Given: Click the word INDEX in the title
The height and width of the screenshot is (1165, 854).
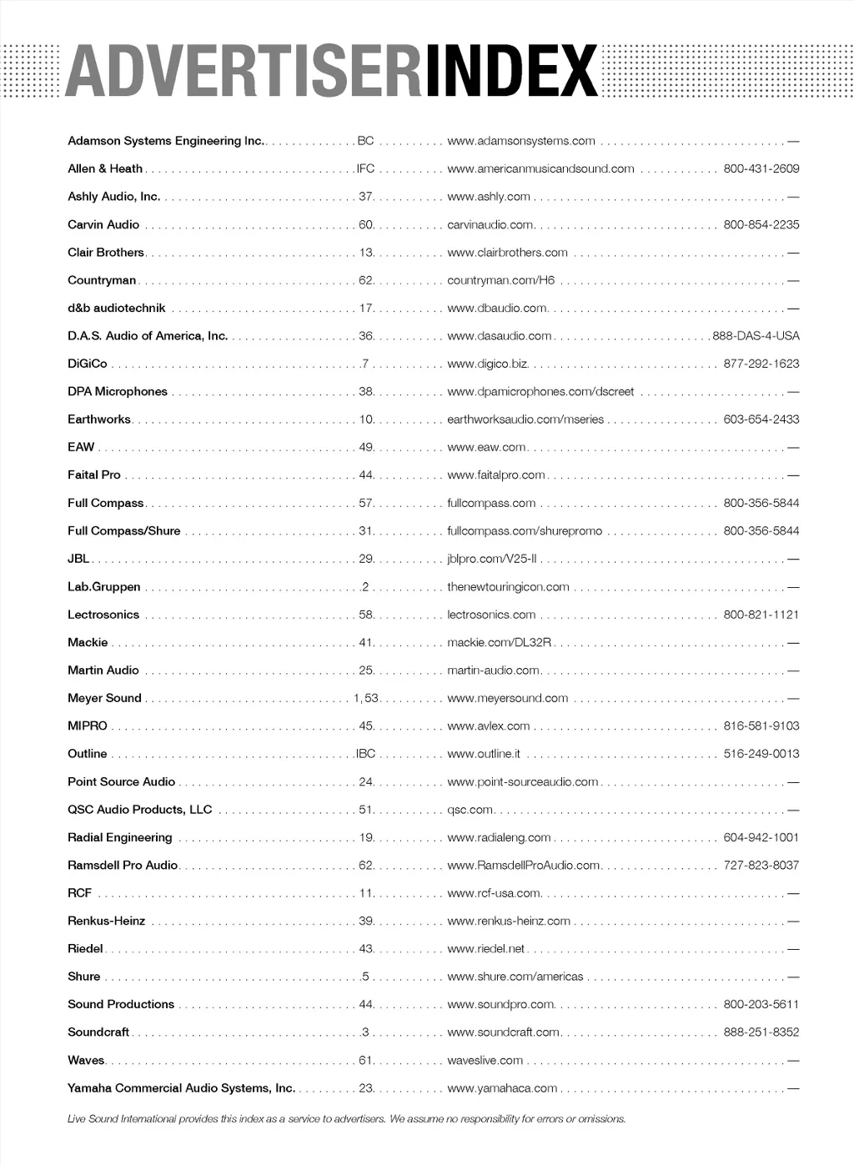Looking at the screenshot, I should click(x=511, y=72).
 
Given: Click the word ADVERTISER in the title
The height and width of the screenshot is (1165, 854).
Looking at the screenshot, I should click(x=244, y=72).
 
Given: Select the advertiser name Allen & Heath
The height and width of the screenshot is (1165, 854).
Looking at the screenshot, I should click(x=105, y=168).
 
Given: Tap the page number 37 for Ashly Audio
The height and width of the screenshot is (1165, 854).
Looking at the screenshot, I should click(x=365, y=197).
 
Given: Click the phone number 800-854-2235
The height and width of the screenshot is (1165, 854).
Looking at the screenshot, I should click(x=761, y=224).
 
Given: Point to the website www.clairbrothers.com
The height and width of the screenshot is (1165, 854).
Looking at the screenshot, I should click(x=507, y=253).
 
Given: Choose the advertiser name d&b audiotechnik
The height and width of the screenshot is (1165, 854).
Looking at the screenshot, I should click(x=117, y=309).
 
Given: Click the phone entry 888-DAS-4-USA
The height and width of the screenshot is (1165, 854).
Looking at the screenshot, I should click(x=756, y=336).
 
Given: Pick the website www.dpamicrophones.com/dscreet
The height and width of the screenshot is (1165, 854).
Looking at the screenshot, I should click(x=540, y=392).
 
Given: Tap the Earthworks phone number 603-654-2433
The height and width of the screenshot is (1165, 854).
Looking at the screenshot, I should click(x=761, y=419).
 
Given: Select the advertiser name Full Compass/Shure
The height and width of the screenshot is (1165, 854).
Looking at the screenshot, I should click(x=124, y=531).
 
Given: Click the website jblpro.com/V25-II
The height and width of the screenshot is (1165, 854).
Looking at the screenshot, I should click(x=492, y=559).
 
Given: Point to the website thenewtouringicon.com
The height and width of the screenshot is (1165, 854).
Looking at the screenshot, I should click(x=508, y=587).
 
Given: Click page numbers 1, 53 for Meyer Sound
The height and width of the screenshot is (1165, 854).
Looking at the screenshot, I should click(x=366, y=698).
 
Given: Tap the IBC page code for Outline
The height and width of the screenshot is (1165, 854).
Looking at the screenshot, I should click(x=365, y=754).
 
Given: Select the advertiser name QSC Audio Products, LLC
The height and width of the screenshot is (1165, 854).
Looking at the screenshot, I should click(x=140, y=810).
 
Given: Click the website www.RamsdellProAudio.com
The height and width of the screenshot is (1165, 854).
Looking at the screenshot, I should click(x=524, y=866).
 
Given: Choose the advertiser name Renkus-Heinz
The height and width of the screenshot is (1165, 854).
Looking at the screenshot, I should click(x=107, y=921).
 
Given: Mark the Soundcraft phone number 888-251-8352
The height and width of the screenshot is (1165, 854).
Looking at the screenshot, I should click(x=761, y=1032).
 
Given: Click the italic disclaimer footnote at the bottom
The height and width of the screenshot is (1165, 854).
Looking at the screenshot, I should click(x=347, y=1119).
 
